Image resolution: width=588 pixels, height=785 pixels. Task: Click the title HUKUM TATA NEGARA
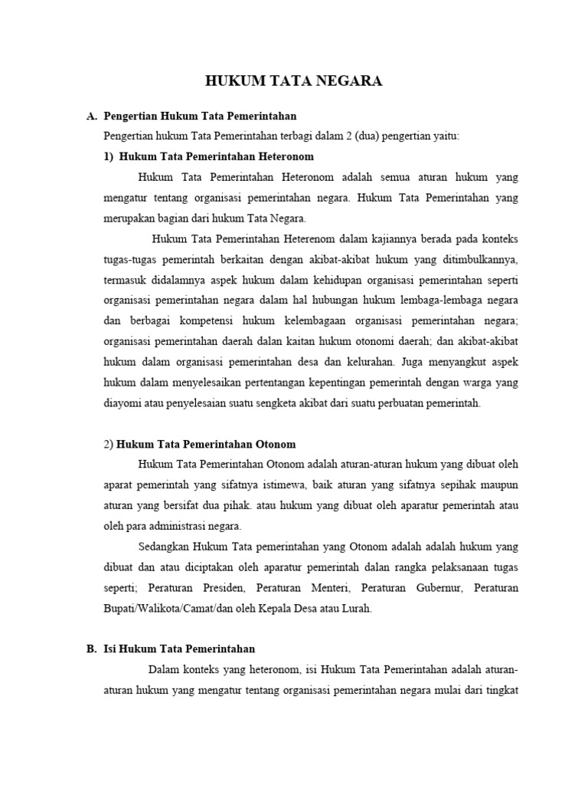294,80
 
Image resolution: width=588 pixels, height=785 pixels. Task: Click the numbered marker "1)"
109,156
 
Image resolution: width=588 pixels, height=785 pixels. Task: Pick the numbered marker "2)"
108,444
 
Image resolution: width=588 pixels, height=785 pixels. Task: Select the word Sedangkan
164,547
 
